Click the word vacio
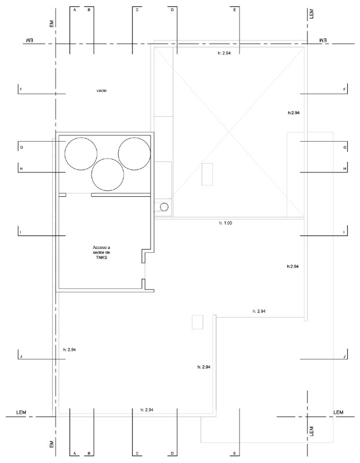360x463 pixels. pos(101,91)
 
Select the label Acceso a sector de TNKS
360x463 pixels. pos(101,252)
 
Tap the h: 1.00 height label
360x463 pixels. pos(226,223)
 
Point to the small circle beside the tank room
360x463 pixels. pos(164,207)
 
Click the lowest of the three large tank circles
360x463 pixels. pos(108,174)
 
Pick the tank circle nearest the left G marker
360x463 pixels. pos(81,153)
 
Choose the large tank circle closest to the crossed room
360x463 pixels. pos(134,153)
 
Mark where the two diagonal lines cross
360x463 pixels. pos(230,132)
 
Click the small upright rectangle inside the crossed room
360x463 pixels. pos(207,174)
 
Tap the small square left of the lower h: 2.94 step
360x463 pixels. pos(197,322)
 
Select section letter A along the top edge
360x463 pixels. pos(75,10)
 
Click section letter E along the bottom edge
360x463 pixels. pos(235,453)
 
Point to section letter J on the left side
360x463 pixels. pos(21,357)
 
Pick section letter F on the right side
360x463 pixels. pos(344,89)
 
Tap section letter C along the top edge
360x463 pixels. pos(137,10)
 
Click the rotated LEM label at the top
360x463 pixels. pos(311,14)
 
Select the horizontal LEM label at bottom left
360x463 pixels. pos(21,412)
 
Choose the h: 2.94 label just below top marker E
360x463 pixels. pos(224,53)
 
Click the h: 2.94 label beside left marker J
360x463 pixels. pos(69,350)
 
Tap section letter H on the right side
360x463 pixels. pos(344,168)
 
